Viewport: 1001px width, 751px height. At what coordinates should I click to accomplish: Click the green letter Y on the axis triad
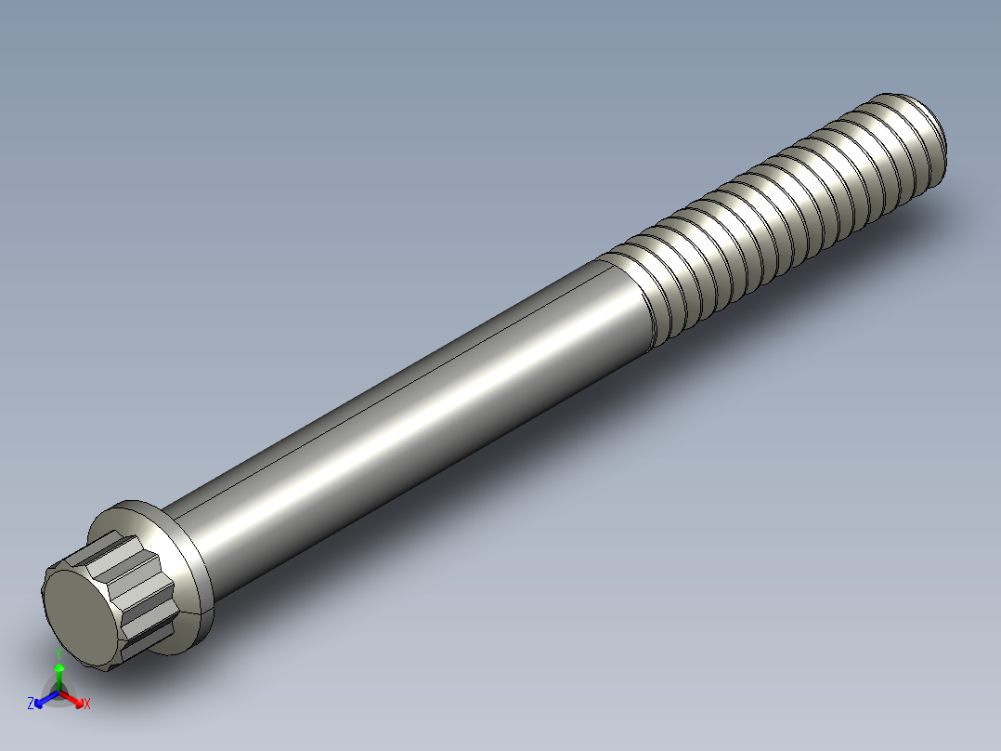tap(58, 651)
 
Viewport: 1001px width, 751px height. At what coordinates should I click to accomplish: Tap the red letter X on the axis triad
tap(86, 705)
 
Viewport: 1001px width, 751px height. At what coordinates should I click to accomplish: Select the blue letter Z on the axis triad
tap(31, 704)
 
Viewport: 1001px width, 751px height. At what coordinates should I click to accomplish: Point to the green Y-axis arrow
tap(58, 674)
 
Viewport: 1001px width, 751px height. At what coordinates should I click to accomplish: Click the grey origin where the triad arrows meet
tap(58, 692)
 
